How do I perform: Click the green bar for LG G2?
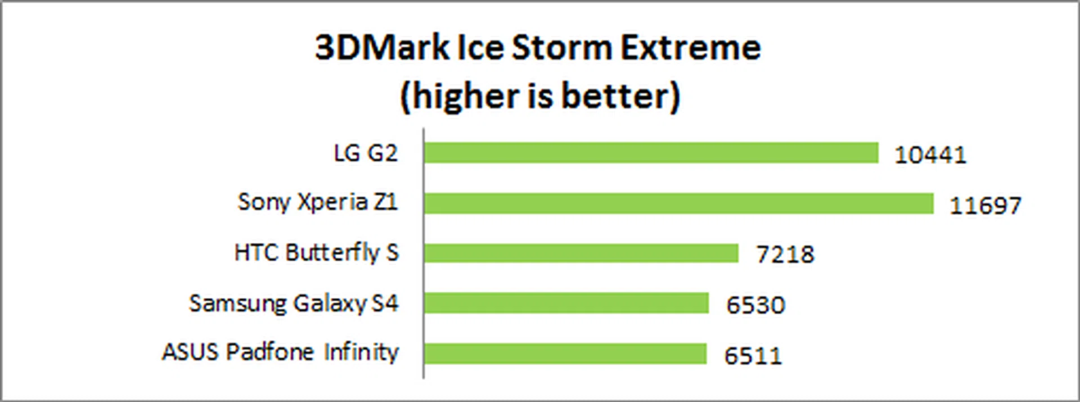(651, 152)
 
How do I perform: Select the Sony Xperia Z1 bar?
(678, 203)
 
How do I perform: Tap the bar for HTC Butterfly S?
(581, 253)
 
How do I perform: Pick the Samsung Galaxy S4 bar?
(566, 303)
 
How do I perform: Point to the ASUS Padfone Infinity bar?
(565, 354)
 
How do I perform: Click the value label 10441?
(930, 155)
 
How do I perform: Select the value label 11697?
(985, 205)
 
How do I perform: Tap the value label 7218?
(785, 255)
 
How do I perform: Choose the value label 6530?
(755, 305)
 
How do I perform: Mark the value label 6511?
(753, 356)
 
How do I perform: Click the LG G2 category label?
(366, 153)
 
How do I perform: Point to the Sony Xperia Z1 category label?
(318, 202)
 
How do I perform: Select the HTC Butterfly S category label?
(317, 252)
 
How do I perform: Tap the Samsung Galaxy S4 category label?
(294, 304)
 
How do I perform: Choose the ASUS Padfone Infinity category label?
(280, 353)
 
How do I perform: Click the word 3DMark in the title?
(382, 47)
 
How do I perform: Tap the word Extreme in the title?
(690, 47)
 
